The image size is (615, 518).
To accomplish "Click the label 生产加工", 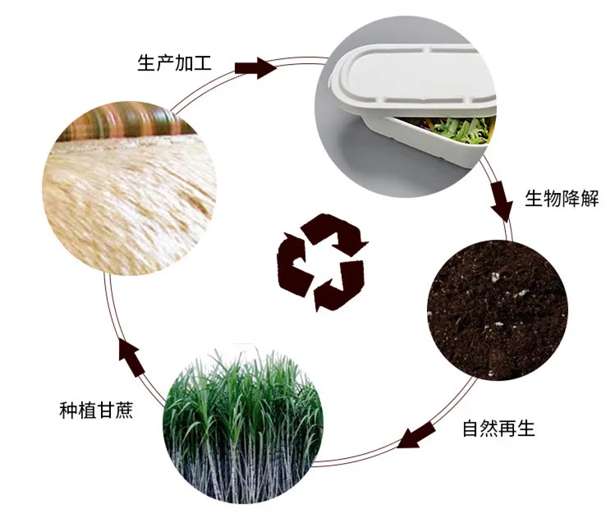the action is (175, 62).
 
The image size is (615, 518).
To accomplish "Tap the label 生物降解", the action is (562, 199).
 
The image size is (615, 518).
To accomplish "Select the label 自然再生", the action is (498, 429).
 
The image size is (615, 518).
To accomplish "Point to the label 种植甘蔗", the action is (97, 410).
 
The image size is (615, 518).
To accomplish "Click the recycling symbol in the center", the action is (323, 262).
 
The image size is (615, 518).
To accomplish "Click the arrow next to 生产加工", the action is (255, 68).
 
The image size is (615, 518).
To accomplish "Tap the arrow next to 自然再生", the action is (416, 434).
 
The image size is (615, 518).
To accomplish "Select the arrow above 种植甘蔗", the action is (132, 358).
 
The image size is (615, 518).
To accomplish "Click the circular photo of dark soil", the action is (498, 310).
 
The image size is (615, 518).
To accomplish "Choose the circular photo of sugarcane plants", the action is (243, 425).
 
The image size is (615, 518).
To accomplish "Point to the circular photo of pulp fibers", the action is (129, 188).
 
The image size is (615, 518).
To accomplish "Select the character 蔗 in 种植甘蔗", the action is (124, 410).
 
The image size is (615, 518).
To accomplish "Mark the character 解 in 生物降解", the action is (590, 199).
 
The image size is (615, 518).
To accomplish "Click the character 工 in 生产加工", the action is (203, 62).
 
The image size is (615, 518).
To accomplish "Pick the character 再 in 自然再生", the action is (508, 429).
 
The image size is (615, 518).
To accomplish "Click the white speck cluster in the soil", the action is (494, 277).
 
